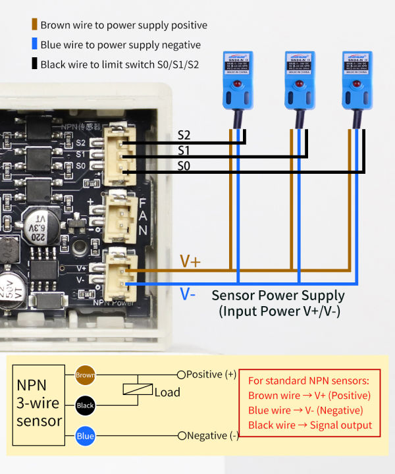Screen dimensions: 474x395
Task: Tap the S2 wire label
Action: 184,135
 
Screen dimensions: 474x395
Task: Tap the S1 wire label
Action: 184,151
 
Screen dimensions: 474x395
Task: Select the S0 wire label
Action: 184,167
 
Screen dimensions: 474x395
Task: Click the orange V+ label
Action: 190,261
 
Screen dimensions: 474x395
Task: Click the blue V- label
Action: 188,294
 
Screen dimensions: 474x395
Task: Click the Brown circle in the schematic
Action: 86,375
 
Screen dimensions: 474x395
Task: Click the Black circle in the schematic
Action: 86,406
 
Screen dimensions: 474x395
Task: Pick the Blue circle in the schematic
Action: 86,435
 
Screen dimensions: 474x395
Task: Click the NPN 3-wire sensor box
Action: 39,402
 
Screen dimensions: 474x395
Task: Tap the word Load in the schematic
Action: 167,392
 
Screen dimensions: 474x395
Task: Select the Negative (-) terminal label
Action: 212,435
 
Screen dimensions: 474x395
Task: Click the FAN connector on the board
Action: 119,213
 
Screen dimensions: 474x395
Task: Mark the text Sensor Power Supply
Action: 278,295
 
